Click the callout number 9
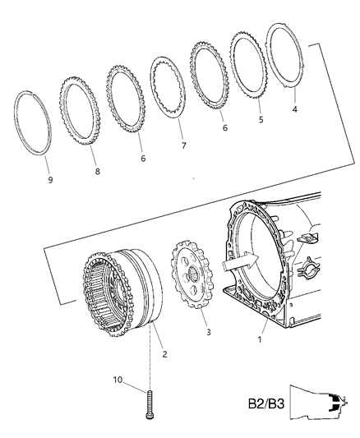click(x=49, y=179)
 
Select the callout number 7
click(x=183, y=145)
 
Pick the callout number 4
click(x=296, y=108)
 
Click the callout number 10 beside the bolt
click(x=117, y=380)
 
